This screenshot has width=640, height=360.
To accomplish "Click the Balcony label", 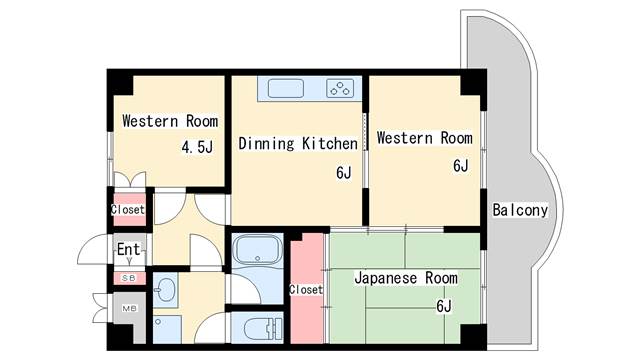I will [x=520, y=210].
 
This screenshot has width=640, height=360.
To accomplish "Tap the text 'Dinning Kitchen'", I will [x=297, y=144].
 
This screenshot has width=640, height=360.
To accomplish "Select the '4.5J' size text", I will [x=197, y=148].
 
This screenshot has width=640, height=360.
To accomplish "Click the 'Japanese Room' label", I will [x=406, y=278].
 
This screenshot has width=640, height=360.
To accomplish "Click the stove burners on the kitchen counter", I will [x=341, y=89].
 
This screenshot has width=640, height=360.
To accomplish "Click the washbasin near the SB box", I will [x=165, y=292].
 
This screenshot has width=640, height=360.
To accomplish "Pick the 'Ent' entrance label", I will [x=128, y=249].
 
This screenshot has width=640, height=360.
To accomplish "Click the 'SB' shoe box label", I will [x=128, y=278].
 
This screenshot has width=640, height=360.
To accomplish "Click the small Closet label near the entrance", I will [x=128, y=210].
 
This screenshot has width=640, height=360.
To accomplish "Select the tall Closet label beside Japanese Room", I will [x=306, y=290].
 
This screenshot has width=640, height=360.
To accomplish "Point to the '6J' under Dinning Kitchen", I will [x=343, y=173].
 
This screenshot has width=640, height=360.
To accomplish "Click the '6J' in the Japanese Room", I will [x=443, y=306].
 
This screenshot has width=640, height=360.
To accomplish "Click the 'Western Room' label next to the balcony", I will [x=418, y=138].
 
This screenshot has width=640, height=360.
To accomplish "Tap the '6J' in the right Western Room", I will [x=460, y=166].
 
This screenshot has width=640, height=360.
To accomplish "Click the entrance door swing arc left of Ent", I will [x=97, y=247].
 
